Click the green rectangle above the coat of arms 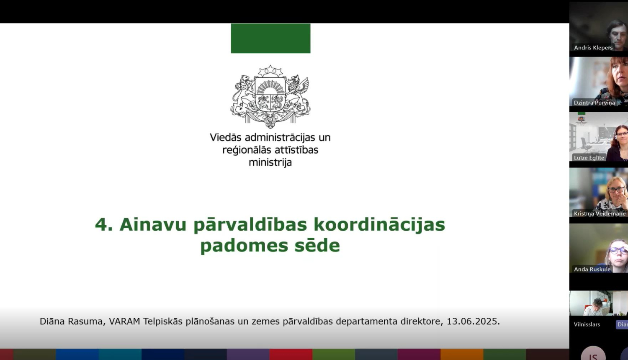pos(270,38)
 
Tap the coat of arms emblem pos(270,97)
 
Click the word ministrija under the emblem pos(270,162)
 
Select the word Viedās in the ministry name pos(226,137)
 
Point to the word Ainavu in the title pos(153,225)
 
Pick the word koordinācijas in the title pos(379,225)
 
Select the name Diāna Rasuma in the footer pos(71,321)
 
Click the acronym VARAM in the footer pos(124,321)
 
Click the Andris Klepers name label pos(593,48)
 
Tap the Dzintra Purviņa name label pos(594,103)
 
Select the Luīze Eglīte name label pos(589,158)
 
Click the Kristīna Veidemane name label pos(600,213)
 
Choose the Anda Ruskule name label pos(592,269)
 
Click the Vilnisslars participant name pos(587,324)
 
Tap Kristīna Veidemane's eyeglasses pos(616,190)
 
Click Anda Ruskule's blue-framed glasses pos(618,250)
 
